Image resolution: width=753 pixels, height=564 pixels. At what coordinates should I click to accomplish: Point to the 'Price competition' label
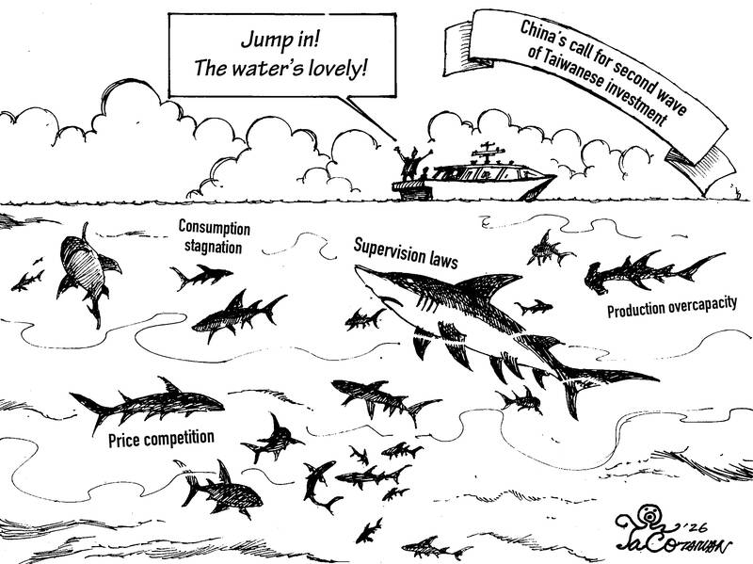161,440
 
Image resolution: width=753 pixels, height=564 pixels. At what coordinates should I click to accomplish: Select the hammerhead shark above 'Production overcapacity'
649,269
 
